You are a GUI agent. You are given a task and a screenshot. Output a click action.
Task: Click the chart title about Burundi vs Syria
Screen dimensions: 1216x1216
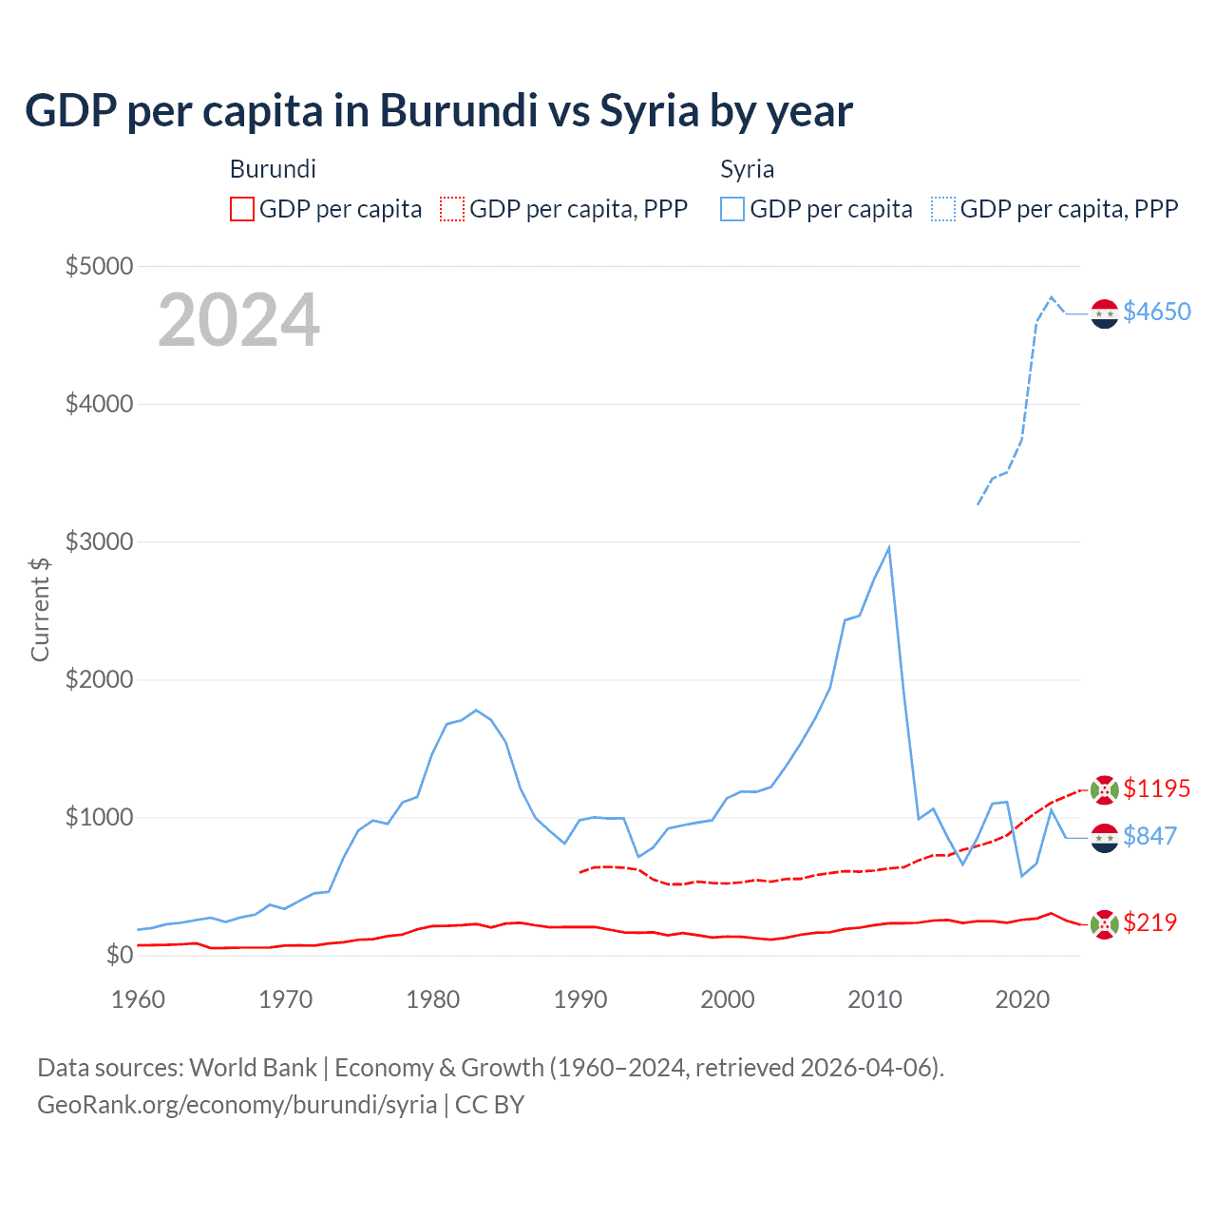pyautogui.click(x=439, y=111)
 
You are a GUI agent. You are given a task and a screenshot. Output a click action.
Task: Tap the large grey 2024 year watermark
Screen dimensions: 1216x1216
pyautogui.click(x=238, y=320)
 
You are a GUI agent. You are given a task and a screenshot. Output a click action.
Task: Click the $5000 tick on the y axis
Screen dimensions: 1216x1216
pyautogui.click(x=99, y=266)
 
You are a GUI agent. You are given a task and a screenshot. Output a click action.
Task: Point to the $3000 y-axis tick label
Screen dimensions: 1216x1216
pyautogui.click(x=99, y=542)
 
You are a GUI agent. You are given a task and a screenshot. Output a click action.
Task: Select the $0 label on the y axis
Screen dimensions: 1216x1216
pyautogui.click(x=119, y=955)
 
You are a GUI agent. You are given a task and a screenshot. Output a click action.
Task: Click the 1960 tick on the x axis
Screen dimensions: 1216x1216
pyautogui.click(x=139, y=999)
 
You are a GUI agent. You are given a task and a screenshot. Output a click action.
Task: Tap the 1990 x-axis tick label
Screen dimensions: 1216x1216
pyautogui.click(x=580, y=999)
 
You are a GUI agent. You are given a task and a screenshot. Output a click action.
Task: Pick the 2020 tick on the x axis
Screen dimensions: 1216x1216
pyautogui.click(x=1022, y=999)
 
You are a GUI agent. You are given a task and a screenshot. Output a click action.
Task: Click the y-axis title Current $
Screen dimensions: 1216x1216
pyautogui.click(x=40, y=609)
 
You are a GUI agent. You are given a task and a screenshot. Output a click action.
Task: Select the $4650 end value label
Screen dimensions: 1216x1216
pyautogui.click(x=1156, y=312)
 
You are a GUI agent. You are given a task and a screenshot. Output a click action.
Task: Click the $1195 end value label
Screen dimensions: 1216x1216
pyautogui.click(x=1156, y=788)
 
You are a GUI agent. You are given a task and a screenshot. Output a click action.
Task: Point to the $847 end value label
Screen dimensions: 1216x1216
pyautogui.click(x=1149, y=836)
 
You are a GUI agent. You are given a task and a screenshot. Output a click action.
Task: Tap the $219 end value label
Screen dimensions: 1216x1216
pyautogui.click(x=1149, y=922)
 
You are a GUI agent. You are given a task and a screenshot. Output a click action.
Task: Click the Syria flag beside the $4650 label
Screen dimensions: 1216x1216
pyautogui.click(x=1104, y=313)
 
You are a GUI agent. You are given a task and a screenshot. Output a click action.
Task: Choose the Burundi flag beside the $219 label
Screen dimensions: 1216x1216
pyautogui.click(x=1104, y=923)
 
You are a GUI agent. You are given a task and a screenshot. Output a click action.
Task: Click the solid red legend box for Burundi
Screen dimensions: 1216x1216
pyautogui.click(x=242, y=209)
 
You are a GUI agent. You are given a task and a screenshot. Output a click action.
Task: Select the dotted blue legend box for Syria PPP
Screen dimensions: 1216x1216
pyautogui.click(x=943, y=209)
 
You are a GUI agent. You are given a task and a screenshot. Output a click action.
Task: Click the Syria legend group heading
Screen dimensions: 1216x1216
pyautogui.click(x=747, y=169)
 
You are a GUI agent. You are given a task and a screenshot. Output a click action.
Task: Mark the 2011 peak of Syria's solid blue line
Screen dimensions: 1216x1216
pyautogui.click(x=888, y=547)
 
